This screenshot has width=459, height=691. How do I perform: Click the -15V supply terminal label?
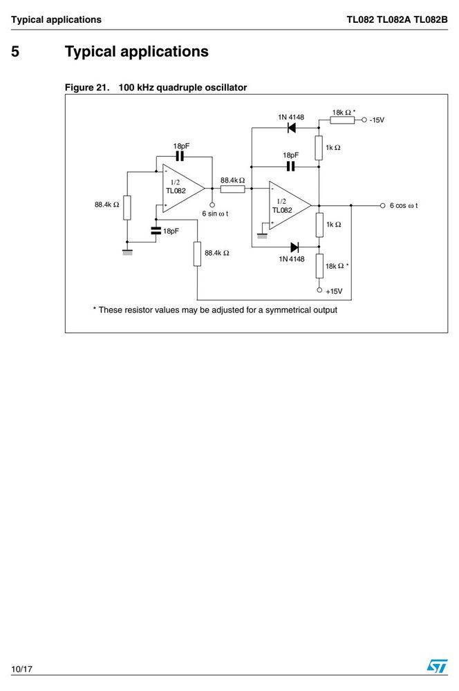coord(377,120)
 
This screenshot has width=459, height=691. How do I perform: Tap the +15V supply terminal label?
coord(334,292)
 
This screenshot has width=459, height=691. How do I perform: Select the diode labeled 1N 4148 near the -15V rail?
coord(291,128)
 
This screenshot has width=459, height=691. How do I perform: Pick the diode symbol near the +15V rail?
coord(294,247)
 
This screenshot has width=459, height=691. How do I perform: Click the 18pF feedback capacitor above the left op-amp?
coord(180,156)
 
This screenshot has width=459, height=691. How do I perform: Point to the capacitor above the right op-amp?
coord(290,167)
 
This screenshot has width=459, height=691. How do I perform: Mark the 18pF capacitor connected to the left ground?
coord(156,231)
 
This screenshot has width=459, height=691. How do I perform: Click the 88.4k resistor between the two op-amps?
coord(232,189)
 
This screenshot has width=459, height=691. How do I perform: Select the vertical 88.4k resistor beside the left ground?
coord(127,207)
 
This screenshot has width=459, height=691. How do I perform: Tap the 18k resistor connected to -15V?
coord(342,120)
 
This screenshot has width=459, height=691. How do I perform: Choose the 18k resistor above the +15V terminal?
coord(319,266)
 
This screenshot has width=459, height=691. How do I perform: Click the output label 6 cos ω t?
coord(404,205)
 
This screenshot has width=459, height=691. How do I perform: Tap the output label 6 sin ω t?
coord(215,214)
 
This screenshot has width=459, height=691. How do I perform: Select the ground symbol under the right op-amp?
coord(262,236)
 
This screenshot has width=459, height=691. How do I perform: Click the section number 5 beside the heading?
coord(15,52)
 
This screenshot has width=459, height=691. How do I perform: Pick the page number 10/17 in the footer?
coord(21,669)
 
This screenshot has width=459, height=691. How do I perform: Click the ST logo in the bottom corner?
coord(437,665)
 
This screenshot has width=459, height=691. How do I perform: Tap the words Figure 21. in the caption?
coord(87,87)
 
